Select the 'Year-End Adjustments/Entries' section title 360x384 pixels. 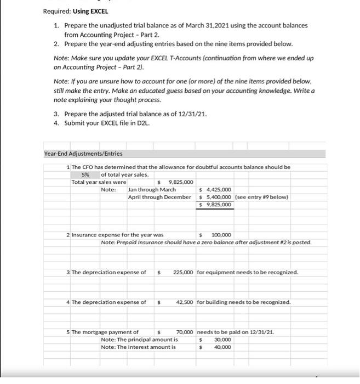coord(83,154)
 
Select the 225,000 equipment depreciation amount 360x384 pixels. coord(182,272)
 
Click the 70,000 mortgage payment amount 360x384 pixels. coord(186,332)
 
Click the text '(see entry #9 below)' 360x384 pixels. coord(261,197)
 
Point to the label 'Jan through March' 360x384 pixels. coord(156,189)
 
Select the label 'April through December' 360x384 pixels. coord(160,197)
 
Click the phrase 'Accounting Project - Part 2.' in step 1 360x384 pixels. coord(107,34)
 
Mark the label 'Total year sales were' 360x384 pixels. coord(99,182)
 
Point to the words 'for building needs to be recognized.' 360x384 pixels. coord(244,302)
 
